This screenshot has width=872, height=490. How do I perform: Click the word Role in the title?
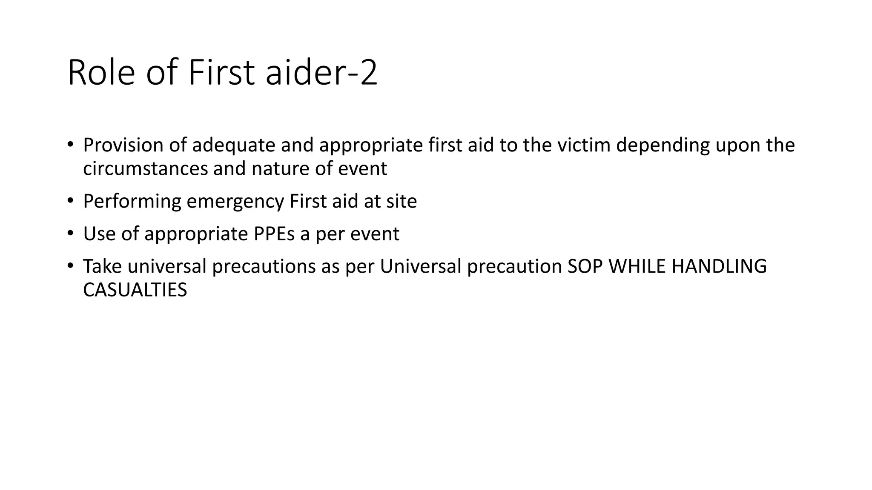point(101,73)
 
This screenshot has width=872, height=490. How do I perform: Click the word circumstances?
point(145,168)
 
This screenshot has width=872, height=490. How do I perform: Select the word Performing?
point(132,201)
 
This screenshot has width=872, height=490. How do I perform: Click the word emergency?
point(235,202)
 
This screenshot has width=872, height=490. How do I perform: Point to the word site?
point(402,201)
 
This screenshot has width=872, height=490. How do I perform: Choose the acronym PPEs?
point(274,234)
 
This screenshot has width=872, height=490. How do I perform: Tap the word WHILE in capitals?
point(637,267)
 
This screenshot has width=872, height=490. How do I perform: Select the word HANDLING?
point(719,267)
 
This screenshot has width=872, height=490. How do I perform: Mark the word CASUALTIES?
point(135,290)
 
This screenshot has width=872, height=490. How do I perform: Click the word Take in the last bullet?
point(102,267)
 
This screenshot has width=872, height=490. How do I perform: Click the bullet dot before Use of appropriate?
point(70,234)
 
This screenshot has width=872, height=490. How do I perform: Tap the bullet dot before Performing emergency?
point(70,201)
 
